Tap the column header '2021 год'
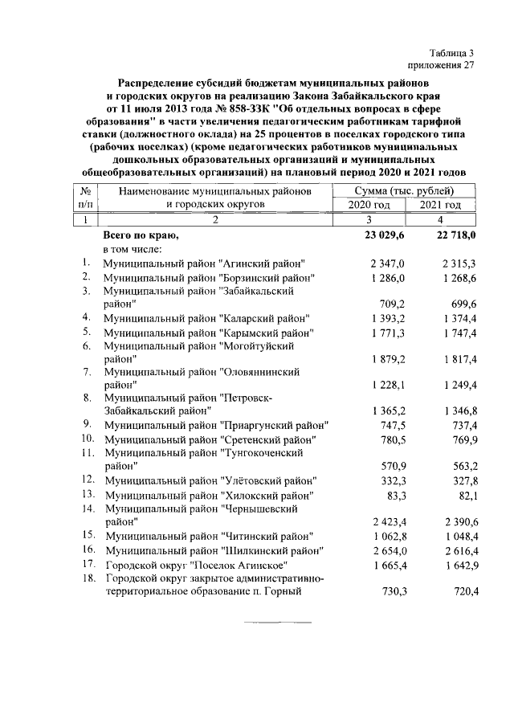(441, 205)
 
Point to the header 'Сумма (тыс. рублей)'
(404, 190)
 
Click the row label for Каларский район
(209, 318)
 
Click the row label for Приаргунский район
(216, 424)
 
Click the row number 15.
(88, 535)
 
